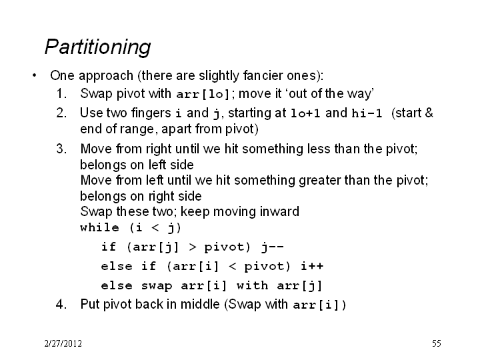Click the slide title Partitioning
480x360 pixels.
(x=97, y=47)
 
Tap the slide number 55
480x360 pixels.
(x=437, y=343)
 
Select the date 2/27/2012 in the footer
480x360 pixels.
(x=63, y=343)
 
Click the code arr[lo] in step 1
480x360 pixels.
(x=203, y=94)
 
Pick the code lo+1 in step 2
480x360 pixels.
(x=305, y=113)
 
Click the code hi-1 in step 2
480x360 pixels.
(x=367, y=113)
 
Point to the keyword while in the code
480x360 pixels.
(x=99, y=227)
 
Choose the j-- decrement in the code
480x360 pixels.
(x=273, y=247)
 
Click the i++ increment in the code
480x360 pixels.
(x=312, y=266)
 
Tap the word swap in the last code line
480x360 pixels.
(x=157, y=286)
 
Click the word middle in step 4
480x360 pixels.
(x=200, y=304)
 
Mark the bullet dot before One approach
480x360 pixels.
(x=34, y=75)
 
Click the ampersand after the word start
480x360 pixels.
(x=429, y=113)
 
